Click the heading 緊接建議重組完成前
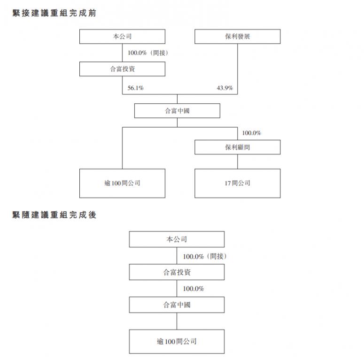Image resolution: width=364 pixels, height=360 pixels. pyautogui.click(x=54, y=13)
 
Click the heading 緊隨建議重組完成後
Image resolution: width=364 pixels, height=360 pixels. pyautogui.click(x=54, y=215)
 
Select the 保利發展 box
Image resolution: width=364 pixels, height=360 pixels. pyautogui.click(x=238, y=37)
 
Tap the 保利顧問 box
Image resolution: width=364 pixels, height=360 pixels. pyautogui.click(x=238, y=147)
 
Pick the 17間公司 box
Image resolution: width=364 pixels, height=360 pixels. pyautogui.click(x=238, y=183)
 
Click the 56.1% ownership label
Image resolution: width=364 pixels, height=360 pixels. pyautogui.click(x=136, y=88)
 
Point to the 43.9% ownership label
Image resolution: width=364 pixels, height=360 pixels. pyautogui.click(x=225, y=88)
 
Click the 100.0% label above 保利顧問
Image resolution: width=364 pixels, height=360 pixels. pyautogui.click(x=251, y=133)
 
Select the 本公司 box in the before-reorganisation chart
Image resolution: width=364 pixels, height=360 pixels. pyautogui.click(x=122, y=37)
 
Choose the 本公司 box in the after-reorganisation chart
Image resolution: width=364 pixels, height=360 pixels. pyautogui.click(x=177, y=239)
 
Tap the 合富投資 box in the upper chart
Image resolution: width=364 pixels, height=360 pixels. pyautogui.click(x=122, y=69)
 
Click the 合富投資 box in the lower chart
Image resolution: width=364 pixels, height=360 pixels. pyautogui.click(x=177, y=272)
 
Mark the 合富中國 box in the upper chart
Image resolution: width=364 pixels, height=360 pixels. pyautogui.click(x=177, y=111)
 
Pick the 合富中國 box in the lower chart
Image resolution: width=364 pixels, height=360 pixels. pyautogui.click(x=177, y=305)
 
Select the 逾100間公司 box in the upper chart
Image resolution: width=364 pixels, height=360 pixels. pyautogui.click(x=122, y=183)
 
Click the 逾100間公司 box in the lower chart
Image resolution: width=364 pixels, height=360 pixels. pyautogui.click(x=177, y=341)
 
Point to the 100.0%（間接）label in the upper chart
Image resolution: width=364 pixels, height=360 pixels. pyautogui.click(x=148, y=53)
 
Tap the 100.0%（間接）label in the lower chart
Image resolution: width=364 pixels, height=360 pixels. pyautogui.click(x=205, y=256)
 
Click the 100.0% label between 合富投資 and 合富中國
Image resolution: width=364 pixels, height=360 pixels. pyautogui.click(x=194, y=289)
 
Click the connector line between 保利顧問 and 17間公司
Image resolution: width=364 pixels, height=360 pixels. pyautogui.click(x=238, y=161)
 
